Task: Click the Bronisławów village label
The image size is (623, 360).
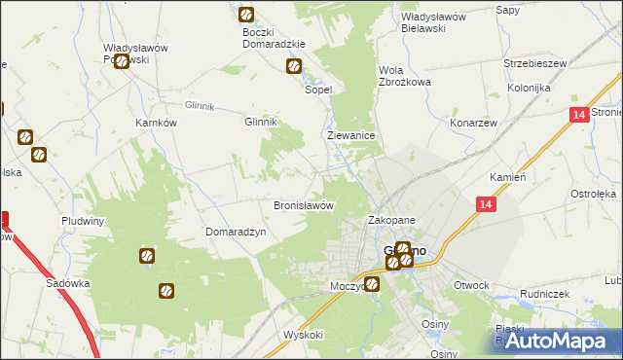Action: pyautogui.click(x=304, y=206)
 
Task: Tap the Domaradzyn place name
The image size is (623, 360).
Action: pyautogui.click(x=235, y=233)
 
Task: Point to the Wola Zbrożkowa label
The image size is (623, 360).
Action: pyautogui.click(x=404, y=76)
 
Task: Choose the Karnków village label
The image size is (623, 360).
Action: pyautogui.click(x=156, y=124)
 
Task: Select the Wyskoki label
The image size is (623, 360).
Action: pyautogui.click(x=303, y=334)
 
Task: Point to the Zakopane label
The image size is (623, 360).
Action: pyautogui.click(x=391, y=221)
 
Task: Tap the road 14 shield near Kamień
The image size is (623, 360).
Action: pyautogui.click(x=487, y=204)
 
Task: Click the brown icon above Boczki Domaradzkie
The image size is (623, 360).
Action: pyautogui.click(x=246, y=15)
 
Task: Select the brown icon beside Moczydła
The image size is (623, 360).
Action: pyautogui.click(x=371, y=284)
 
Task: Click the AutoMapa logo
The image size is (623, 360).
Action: pyautogui.click(x=558, y=341)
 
